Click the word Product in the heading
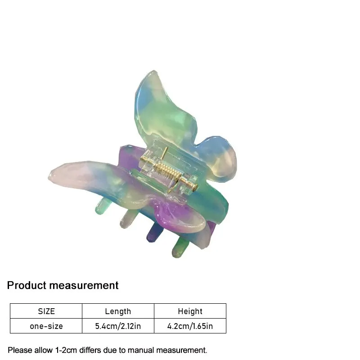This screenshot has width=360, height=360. pos(27,285)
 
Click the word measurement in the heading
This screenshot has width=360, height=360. pos(84,285)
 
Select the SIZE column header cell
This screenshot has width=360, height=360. pos(46,311)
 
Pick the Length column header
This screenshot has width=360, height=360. pos(118,311)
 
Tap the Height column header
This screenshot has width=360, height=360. pos(190,311)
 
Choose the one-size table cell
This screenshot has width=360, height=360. pos(46,326)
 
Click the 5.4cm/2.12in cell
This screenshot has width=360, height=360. pos(118,326)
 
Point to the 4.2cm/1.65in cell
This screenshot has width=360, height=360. pos(190,326)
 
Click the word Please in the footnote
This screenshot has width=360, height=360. pos(19,350)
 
